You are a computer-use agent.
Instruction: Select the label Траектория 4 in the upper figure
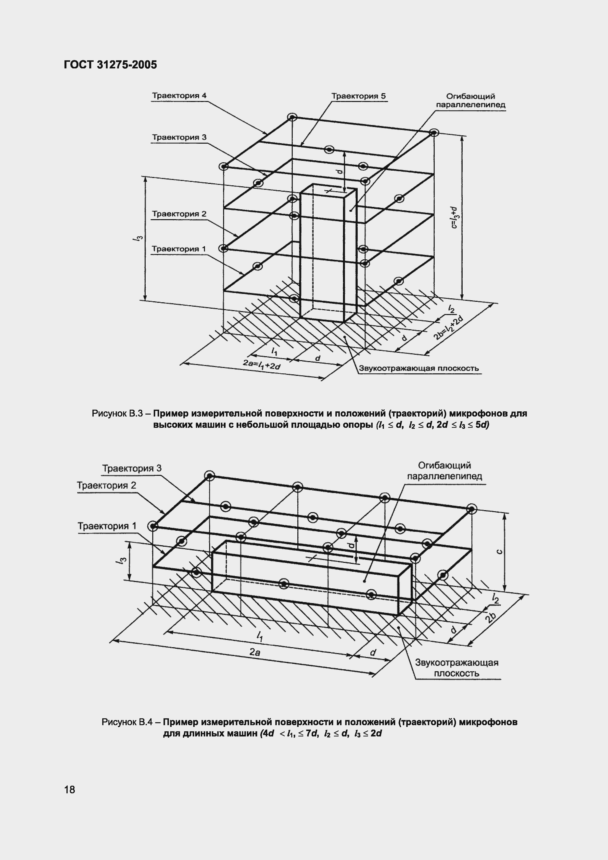(x=179, y=96)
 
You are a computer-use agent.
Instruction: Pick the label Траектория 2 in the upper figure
(x=179, y=214)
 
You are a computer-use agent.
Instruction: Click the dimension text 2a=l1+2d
(x=262, y=364)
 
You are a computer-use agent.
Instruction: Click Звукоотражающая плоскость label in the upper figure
(x=419, y=368)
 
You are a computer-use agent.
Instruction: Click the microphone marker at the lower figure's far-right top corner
(x=471, y=509)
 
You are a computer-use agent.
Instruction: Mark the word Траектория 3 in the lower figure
(x=132, y=468)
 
